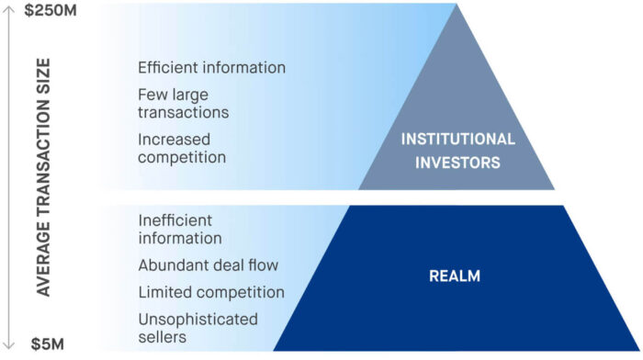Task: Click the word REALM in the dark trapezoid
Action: pos(455,275)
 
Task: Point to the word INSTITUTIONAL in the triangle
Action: pos(457,140)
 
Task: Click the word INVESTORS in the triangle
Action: pos(457,163)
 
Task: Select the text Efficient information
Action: pos(211,68)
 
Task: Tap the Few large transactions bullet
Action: pos(184,103)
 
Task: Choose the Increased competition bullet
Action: pos(182,148)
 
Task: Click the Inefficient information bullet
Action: pos(180,230)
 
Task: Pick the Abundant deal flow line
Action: pos(208,265)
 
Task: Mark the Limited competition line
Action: pos(210,292)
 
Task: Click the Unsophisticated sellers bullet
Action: pos(197,328)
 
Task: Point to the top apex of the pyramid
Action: pos(457,6)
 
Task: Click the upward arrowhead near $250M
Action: pos(8,8)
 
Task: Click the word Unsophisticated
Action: pos(197,319)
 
